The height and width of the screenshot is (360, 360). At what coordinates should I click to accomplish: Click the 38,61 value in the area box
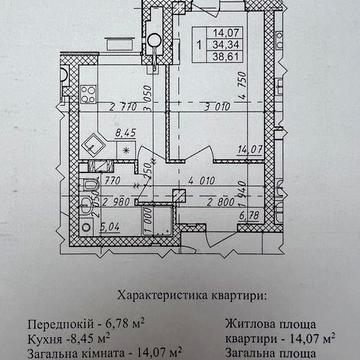coord(219,59)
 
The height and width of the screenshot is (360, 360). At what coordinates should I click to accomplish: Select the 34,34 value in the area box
coord(219,46)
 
